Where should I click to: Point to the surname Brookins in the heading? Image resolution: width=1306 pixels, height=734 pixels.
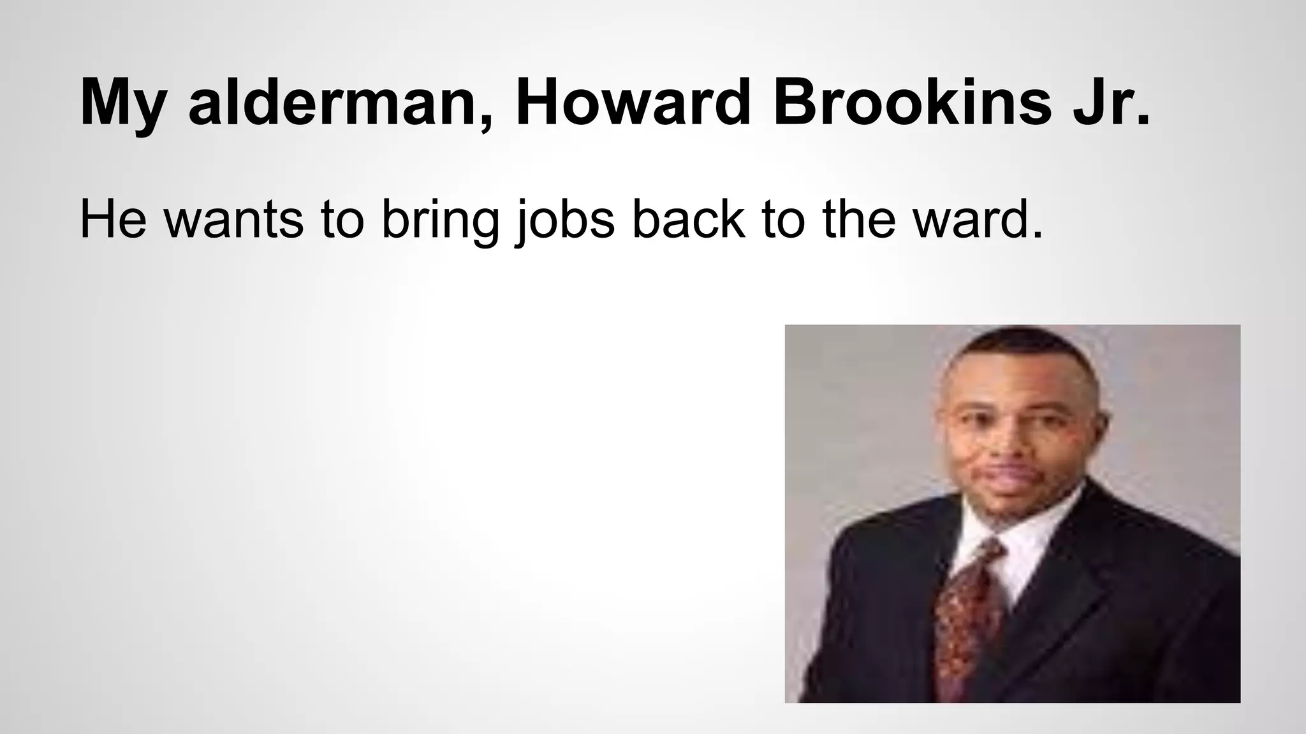[913, 103]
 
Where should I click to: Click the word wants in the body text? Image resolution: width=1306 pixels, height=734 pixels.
[233, 218]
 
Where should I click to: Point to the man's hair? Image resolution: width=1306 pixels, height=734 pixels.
[1020, 347]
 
